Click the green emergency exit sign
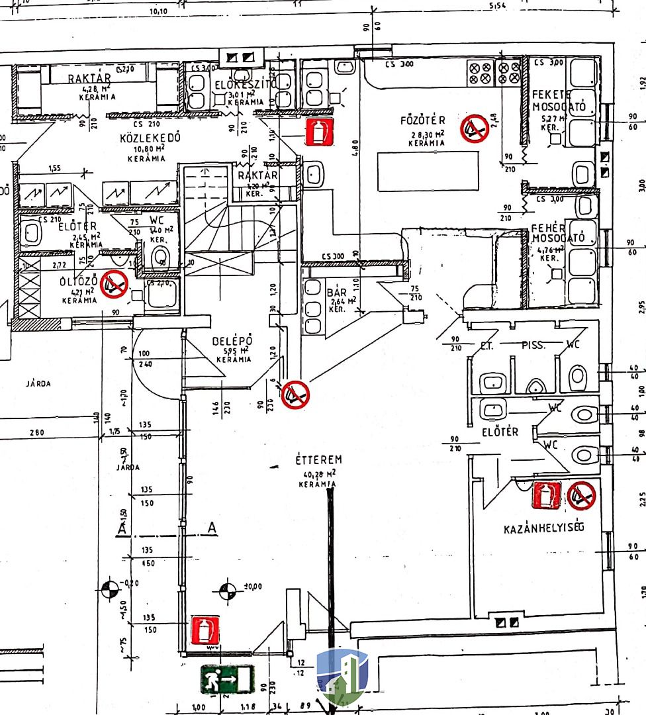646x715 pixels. pyautogui.click(x=227, y=679)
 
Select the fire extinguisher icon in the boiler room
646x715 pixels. pyautogui.click(x=547, y=495)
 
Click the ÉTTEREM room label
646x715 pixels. pyautogui.click(x=318, y=459)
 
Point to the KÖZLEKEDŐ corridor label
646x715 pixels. pyautogui.click(x=150, y=138)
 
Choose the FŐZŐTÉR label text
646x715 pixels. pyautogui.click(x=423, y=120)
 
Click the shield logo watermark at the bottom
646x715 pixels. pyautogui.click(x=342, y=677)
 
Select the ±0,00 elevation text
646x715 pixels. pyautogui.click(x=253, y=587)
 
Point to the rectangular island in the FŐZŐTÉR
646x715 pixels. pyautogui.click(x=428, y=171)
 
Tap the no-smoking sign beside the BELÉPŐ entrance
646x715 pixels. pyautogui.click(x=295, y=395)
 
